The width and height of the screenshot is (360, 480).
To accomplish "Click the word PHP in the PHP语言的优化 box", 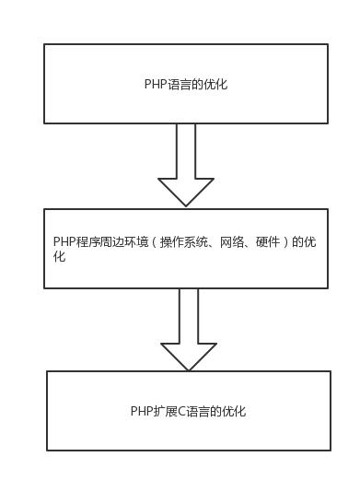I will pyautogui.click(x=154, y=84).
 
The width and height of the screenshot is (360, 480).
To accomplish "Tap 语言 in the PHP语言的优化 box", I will pyautogui.click(x=176, y=84).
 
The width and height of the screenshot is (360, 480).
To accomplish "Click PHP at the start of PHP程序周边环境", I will pyautogui.click(x=64, y=241).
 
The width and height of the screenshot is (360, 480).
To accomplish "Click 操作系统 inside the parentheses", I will pyautogui.click(x=180, y=241).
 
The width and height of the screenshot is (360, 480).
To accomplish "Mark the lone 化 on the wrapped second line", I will pyautogui.click(x=59, y=256).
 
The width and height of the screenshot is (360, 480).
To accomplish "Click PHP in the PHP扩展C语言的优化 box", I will pyautogui.click(x=140, y=411).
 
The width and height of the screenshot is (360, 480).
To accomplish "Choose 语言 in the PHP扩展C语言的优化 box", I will pyautogui.click(x=193, y=411).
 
